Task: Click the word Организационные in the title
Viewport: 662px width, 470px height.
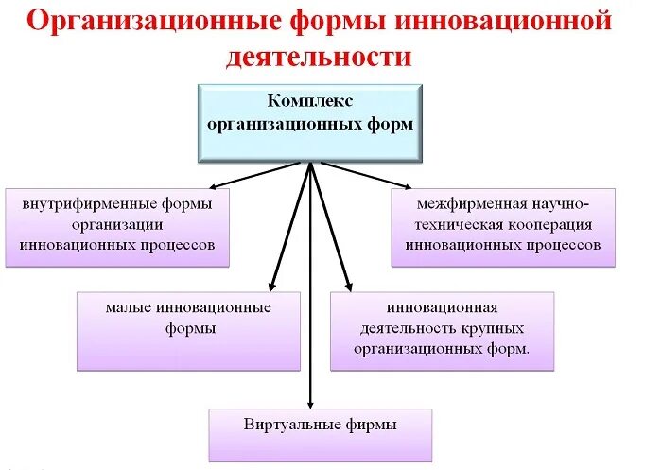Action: (x=140, y=22)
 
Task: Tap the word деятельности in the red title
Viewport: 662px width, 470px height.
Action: (x=320, y=57)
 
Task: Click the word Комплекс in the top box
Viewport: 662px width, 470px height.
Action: (x=310, y=99)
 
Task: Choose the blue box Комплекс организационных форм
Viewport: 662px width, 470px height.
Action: (x=310, y=122)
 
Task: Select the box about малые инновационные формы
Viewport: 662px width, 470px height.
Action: (x=188, y=329)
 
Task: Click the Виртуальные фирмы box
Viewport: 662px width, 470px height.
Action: (x=320, y=434)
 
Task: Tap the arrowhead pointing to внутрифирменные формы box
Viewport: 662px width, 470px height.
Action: (x=215, y=187)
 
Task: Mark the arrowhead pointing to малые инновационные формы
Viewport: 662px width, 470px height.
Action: (x=272, y=285)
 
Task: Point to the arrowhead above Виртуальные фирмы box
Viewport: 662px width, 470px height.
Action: (x=310, y=403)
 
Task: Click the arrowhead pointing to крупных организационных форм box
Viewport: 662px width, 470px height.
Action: (x=347, y=285)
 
